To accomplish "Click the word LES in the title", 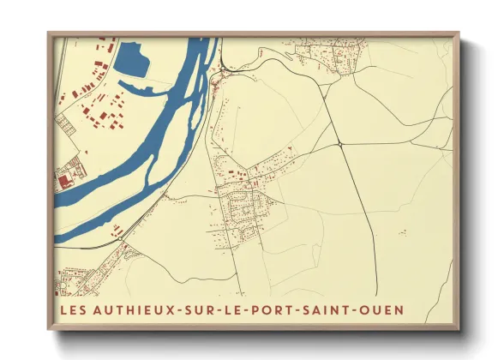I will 72,308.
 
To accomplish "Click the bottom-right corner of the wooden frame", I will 459,329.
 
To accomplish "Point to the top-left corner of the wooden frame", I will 48,33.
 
